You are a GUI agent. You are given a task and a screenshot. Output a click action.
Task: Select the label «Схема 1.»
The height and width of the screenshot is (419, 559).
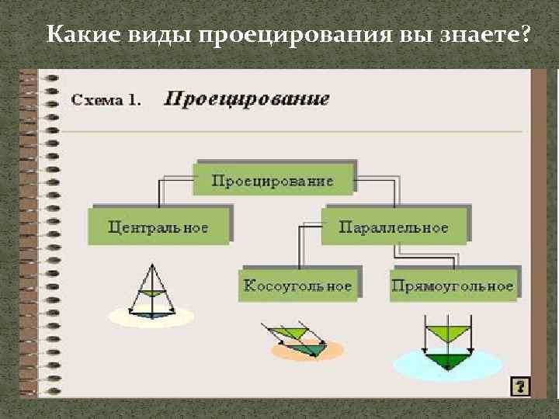point(107,100)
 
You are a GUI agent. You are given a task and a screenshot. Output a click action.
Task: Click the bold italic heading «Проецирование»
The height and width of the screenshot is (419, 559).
point(246,99)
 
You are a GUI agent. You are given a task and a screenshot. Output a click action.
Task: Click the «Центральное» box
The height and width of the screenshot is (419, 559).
point(158,227)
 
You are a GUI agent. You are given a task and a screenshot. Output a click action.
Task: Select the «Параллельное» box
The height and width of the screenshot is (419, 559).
point(394,227)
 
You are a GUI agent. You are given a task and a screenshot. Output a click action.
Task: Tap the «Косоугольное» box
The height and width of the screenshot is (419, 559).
point(298,285)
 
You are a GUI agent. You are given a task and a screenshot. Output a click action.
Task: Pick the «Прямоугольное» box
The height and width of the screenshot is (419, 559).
point(453,285)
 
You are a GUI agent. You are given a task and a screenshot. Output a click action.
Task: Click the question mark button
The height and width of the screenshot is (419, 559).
point(520,386)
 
